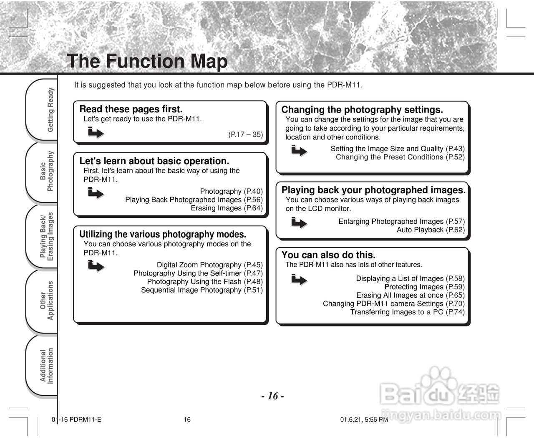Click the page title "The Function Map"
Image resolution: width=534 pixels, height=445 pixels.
[x=147, y=61]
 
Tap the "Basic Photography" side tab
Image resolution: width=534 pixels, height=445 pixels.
[x=47, y=171]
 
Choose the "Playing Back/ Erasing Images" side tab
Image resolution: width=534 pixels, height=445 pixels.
[x=47, y=236]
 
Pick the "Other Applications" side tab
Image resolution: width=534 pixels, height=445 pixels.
[x=47, y=301]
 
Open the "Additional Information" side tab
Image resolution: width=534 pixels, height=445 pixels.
[x=47, y=366]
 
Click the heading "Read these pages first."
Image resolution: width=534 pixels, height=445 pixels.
[x=131, y=109]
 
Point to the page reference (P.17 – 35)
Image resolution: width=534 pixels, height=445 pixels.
[x=245, y=134]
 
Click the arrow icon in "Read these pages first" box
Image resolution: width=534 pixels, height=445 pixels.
[x=96, y=133]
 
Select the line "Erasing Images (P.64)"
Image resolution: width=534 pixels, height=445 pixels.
[x=227, y=208]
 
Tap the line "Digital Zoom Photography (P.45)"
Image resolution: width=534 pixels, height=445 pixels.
[x=209, y=265]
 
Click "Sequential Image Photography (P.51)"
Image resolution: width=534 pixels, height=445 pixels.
[x=202, y=290]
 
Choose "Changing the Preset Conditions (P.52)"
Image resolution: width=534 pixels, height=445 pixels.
[x=400, y=157]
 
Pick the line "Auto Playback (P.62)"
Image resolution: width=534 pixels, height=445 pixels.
[x=430, y=230]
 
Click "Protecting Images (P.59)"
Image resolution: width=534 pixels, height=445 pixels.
[x=424, y=287]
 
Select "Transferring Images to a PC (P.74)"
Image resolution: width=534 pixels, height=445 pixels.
[x=407, y=312]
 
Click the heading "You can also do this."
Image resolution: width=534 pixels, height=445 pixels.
[x=328, y=255]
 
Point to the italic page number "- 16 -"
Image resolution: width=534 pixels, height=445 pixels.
[x=273, y=396]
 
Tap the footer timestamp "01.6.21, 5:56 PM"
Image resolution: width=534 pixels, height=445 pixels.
[x=364, y=420]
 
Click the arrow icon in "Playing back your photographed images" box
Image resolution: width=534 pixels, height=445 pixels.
[x=299, y=223]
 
